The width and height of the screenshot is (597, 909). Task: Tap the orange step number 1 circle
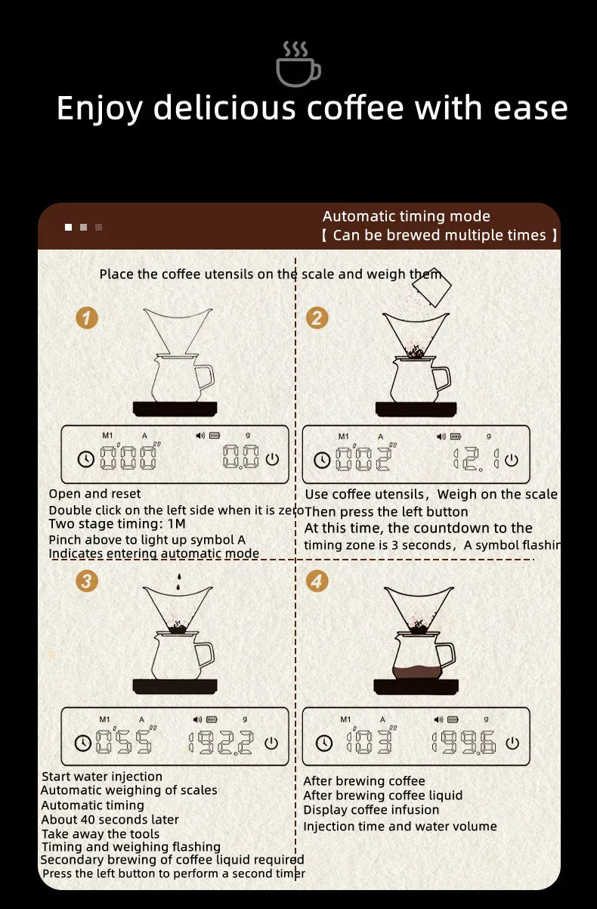[87, 318]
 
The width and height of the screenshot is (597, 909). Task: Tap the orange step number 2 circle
[317, 318]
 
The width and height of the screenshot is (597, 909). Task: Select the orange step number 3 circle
[87, 581]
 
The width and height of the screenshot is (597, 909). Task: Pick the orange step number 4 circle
[317, 581]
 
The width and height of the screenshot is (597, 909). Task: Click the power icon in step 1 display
[272, 458]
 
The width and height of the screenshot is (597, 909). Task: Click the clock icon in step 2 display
[323, 459]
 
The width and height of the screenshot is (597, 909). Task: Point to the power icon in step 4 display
[512, 743]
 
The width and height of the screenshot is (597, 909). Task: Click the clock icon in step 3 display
[83, 743]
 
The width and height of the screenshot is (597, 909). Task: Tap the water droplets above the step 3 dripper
[178, 582]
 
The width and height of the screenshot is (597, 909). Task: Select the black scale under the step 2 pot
[415, 409]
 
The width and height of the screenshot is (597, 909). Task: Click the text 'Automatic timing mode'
[406, 216]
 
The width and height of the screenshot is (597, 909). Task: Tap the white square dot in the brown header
[69, 227]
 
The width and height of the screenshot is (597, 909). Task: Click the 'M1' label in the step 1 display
[107, 435]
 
